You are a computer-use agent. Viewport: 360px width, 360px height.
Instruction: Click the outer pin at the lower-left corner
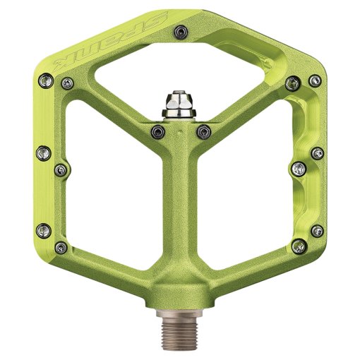pyautogui.click(x=43, y=229)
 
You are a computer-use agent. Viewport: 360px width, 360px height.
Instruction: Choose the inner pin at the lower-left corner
pyautogui.click(x=61, y=246)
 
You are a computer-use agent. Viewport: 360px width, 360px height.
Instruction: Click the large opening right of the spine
pyautogui.click(x=244, y=184)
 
